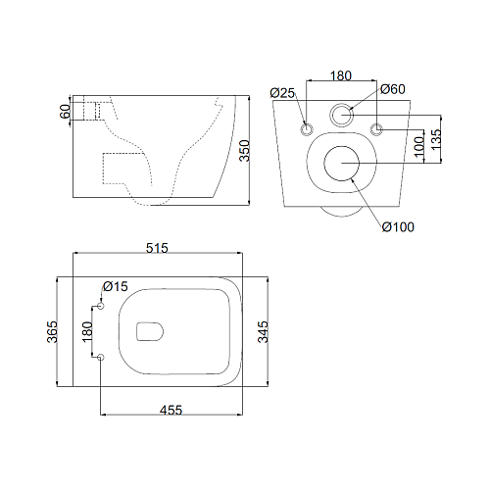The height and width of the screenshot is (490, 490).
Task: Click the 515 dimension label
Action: pos(157,248)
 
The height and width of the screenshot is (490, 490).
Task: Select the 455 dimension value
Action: pos(171,410)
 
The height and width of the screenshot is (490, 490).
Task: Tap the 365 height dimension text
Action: pos(52,332)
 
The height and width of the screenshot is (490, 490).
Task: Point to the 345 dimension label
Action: pos(263,332)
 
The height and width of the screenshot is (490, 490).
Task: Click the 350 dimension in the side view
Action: pos(245,151)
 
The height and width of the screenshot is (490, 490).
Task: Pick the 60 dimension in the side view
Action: pos(66,112)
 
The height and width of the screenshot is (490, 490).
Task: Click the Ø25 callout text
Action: pos(282,93)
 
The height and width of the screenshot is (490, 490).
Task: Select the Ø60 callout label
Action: pos(393,89)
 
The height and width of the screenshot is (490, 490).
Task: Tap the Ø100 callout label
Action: pos(398,227)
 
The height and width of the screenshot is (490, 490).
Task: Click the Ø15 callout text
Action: pos(116,286)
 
